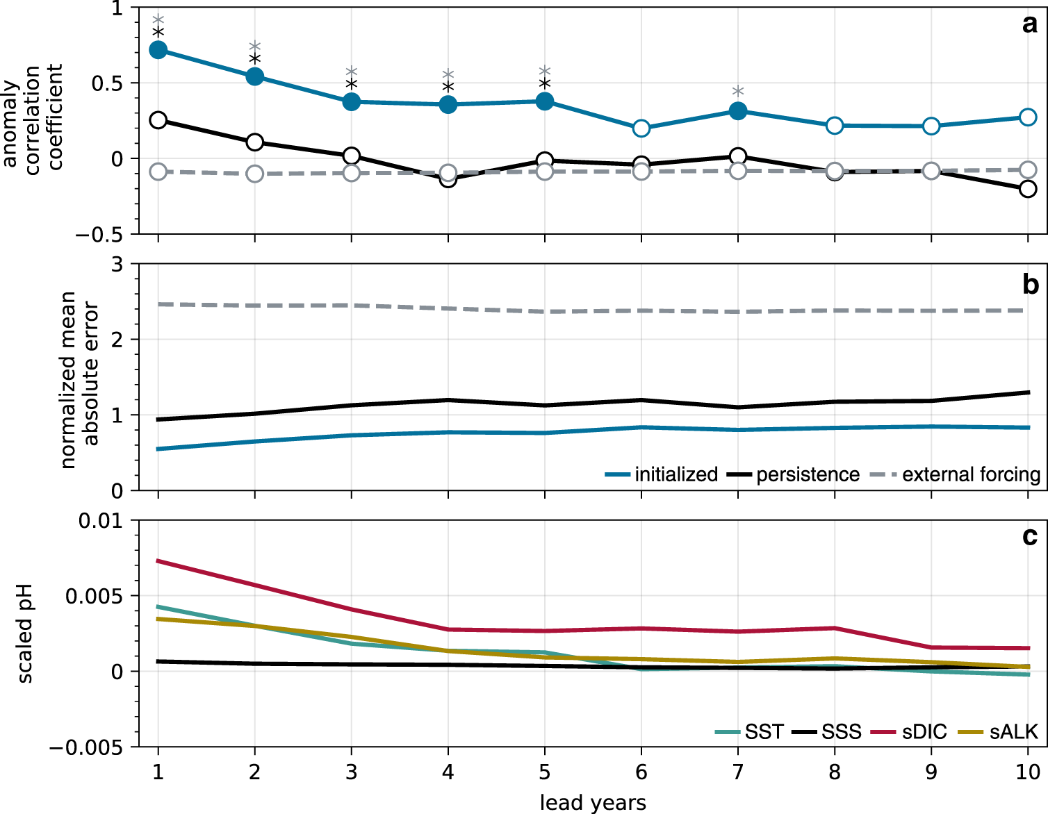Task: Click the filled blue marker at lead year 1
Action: pyautogui.click(x=158, y=50)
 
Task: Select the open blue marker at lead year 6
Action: pyautogui.click(x=641, y=128)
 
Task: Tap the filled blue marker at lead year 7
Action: pyautogui.click(x=738, y=111)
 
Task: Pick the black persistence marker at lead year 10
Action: pyautogui.click(x=1028, y=189)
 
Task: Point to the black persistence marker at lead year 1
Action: pyautogui.click(x=158, y=120)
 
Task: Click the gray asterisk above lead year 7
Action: pyautogui.click(x=738, y=92)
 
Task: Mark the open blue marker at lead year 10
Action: pyautogui.click(x=1028, y=117)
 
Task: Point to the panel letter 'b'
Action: pyautogui.click(x=1030, y=285)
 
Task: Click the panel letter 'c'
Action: pyautogui.click(x=1030, y=537)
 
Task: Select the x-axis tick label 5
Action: pyautogui.click(x=545, y=772)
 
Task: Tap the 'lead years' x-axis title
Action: pyautogui.click(x=593, y=803)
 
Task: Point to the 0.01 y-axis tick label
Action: pyautogui.click(x=100, y=521)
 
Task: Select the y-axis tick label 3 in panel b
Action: pyautogui.click(x=116, y=265)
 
